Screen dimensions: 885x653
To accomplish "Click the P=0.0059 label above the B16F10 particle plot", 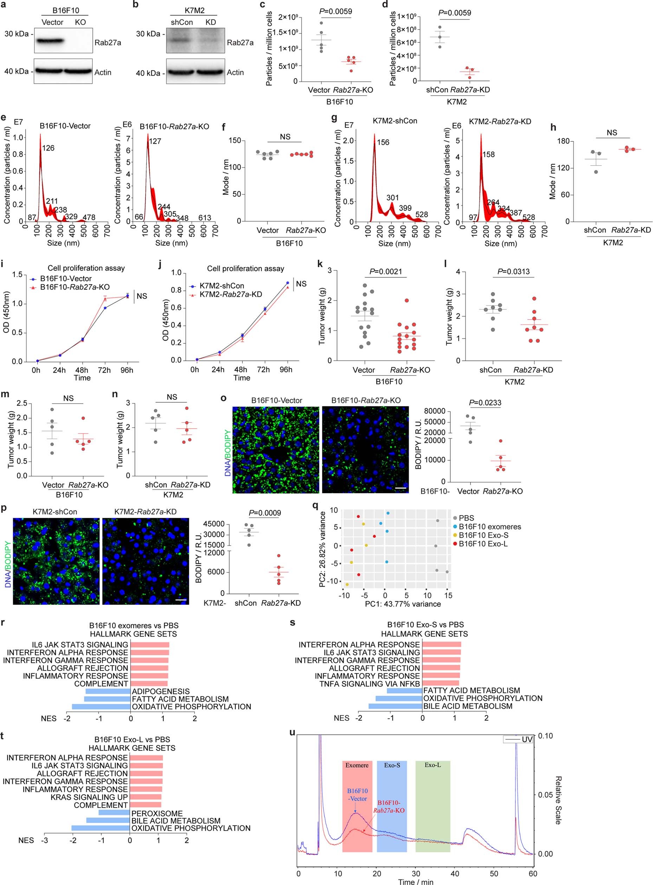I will coord(335,12).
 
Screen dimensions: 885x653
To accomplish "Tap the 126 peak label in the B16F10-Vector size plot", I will coord(48,148).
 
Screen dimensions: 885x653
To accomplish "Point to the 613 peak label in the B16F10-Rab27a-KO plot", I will coord(205,218).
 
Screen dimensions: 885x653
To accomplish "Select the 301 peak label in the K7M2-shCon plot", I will coord(393,198).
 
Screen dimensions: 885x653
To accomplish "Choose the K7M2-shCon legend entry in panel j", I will coord(221,286).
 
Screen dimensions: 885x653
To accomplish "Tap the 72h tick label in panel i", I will coord(104,370).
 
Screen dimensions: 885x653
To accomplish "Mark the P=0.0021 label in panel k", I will coord(386,272).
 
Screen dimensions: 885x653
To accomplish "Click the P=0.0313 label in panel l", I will coord(513,272).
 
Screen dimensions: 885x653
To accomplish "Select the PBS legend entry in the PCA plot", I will coord(466,518).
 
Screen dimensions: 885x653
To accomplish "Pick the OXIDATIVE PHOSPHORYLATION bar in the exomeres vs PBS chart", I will coord(101,706).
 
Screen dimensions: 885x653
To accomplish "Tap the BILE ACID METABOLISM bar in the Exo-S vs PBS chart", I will coord(395,706).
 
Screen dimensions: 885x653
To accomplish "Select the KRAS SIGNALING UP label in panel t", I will coord(89,797).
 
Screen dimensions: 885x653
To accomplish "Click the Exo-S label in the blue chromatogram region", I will coord(392,765).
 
